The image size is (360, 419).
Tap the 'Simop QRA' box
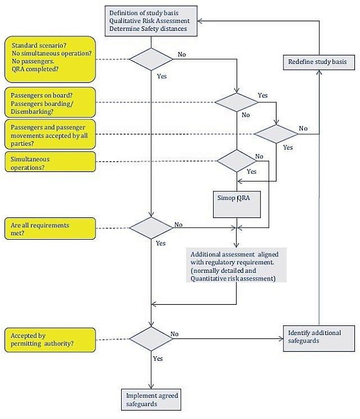tap(236, 203)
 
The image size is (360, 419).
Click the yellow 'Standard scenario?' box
tap(50, 59)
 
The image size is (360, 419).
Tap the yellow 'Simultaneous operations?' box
tap(50, 162)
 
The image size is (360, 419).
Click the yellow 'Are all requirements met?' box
tap(50, 229)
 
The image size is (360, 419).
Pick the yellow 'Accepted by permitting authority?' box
tap(50, 339)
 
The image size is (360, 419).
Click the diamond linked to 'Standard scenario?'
tap(151, 59)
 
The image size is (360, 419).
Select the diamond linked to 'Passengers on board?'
tap(236, 102)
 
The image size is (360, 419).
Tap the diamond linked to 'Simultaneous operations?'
tap(236, 162)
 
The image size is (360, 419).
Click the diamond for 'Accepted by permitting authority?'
tap(151, 339)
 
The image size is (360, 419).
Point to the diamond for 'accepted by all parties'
tap(276, 134)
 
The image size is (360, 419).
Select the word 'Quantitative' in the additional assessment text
tap(206, 278)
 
